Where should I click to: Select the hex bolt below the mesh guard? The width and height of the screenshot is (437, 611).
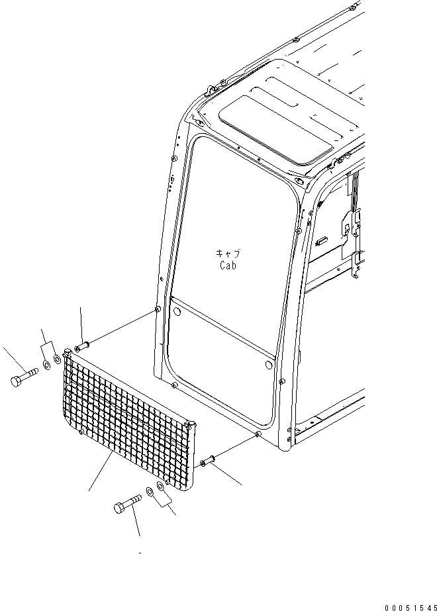point(127,503)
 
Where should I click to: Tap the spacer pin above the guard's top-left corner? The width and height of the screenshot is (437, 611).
point(83,346)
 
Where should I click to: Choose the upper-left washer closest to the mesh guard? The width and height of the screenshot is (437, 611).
point(57,359)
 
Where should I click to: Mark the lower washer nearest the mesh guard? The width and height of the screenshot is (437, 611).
point(161,487)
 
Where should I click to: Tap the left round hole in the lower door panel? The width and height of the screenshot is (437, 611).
point(176,309)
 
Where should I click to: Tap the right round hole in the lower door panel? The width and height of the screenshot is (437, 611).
point(268,365)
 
